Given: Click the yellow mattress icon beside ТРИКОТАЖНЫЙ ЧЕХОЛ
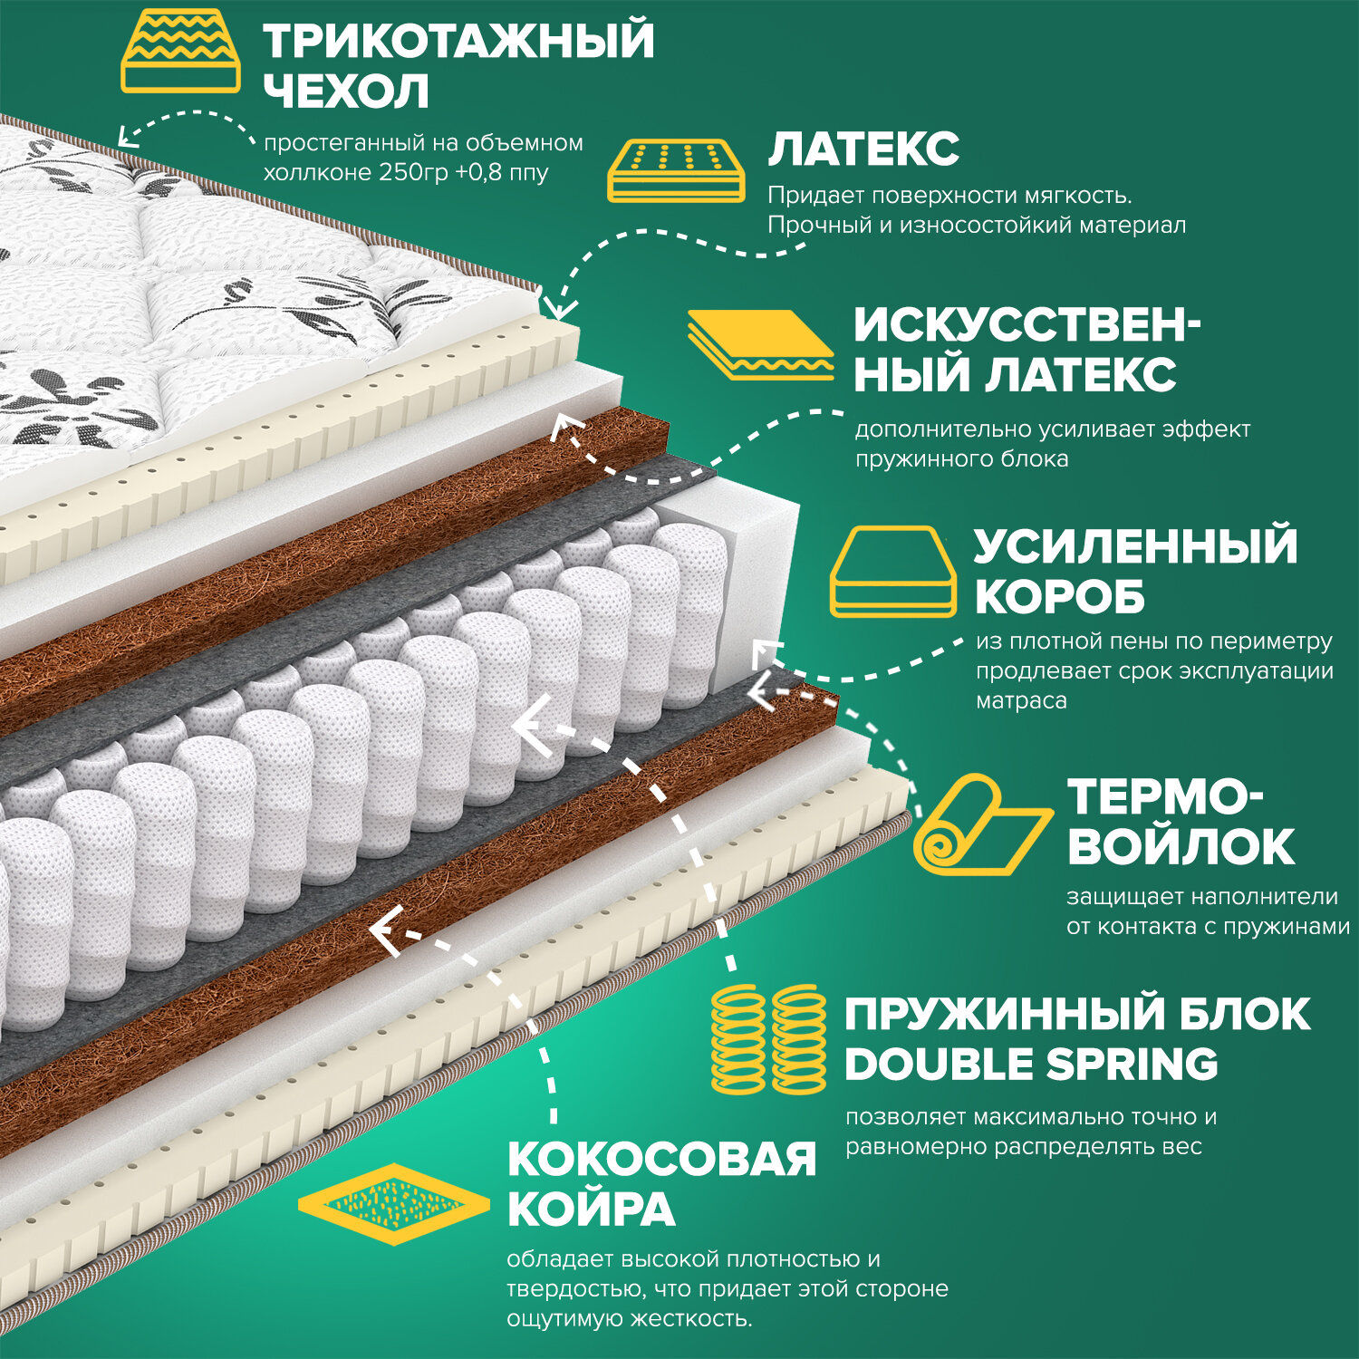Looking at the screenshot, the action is [x=180, y=52].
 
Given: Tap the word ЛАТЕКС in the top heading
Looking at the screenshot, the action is [x=863, y=149].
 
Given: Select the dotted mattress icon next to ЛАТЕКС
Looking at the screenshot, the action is [x=675, y=169].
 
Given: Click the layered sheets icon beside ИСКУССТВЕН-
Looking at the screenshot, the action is [x=760, y=345].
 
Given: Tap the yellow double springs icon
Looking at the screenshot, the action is [x=769, y=1039].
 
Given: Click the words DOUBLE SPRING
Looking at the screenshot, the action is [x=1031, y=1065].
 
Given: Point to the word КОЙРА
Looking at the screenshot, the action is [x=591, y=1210].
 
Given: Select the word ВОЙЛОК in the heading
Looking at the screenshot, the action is [x=1181, y=846].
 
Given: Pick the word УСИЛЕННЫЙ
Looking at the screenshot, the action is [x=1135, y=546].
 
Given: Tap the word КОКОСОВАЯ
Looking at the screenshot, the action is [x=661, y=1159].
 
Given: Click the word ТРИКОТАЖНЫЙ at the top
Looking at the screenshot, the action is [x=458, y=42].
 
